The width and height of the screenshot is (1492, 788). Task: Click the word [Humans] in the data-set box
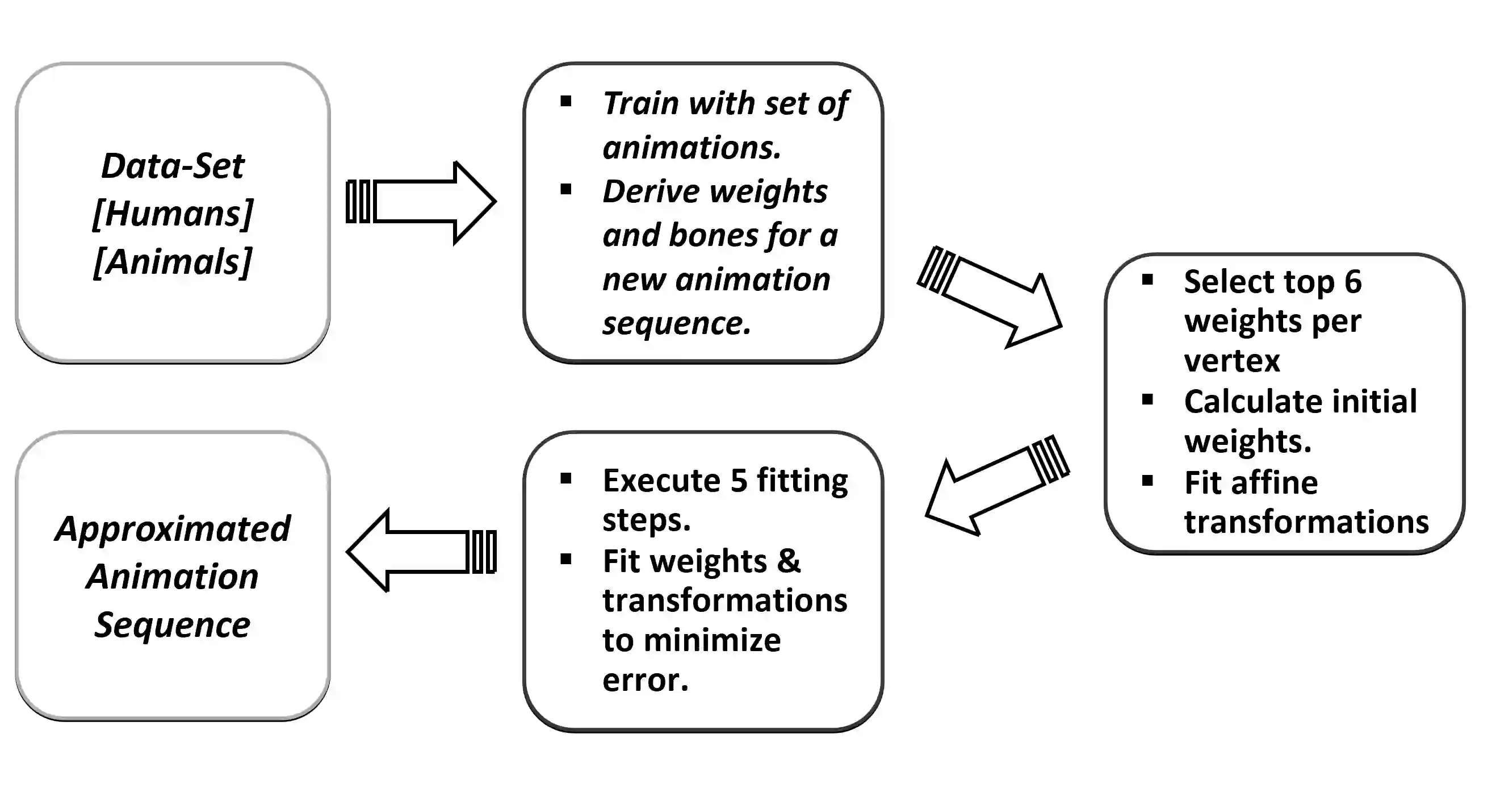point(173,214)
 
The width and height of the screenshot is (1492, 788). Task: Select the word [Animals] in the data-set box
point(173,262)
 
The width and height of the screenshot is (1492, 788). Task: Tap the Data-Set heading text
point(173,166)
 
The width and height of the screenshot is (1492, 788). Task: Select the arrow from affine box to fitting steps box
point(996,486)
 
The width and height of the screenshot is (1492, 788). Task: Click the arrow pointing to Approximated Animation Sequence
point(421,551)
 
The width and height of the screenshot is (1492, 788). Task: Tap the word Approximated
point(173,528)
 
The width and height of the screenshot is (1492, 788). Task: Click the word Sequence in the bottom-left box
point(173,624)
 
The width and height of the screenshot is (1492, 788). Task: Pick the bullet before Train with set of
point(566,102)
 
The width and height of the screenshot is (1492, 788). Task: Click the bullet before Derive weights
point(566,189)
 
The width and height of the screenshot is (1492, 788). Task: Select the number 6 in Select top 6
point(1353,282)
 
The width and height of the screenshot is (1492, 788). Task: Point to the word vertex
point(1232,361)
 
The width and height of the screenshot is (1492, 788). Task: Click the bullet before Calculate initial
point(1147,400)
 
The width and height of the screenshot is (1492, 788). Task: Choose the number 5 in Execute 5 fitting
point(739,480)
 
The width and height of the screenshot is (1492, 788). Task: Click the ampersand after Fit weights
point(789,561)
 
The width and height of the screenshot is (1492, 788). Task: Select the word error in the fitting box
point(644,679)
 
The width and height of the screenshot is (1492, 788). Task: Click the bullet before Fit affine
point(1147,481)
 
